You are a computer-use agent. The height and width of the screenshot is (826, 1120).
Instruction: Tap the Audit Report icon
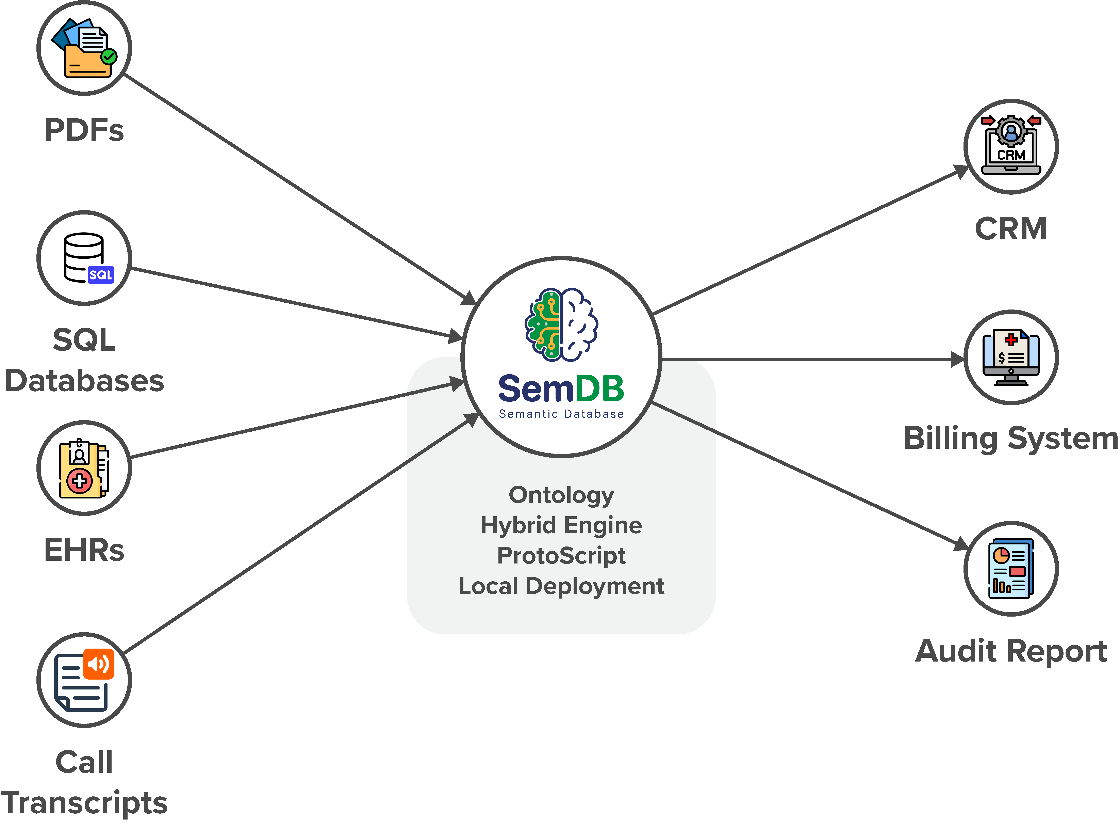pos(1010,569)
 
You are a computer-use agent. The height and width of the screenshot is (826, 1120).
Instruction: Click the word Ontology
pos(561,495)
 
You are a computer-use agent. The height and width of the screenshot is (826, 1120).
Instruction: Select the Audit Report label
pos(1010,651)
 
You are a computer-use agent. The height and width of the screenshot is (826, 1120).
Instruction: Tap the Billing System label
pos(1010,439)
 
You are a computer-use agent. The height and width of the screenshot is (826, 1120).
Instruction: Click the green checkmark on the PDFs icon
pos(109,57)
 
